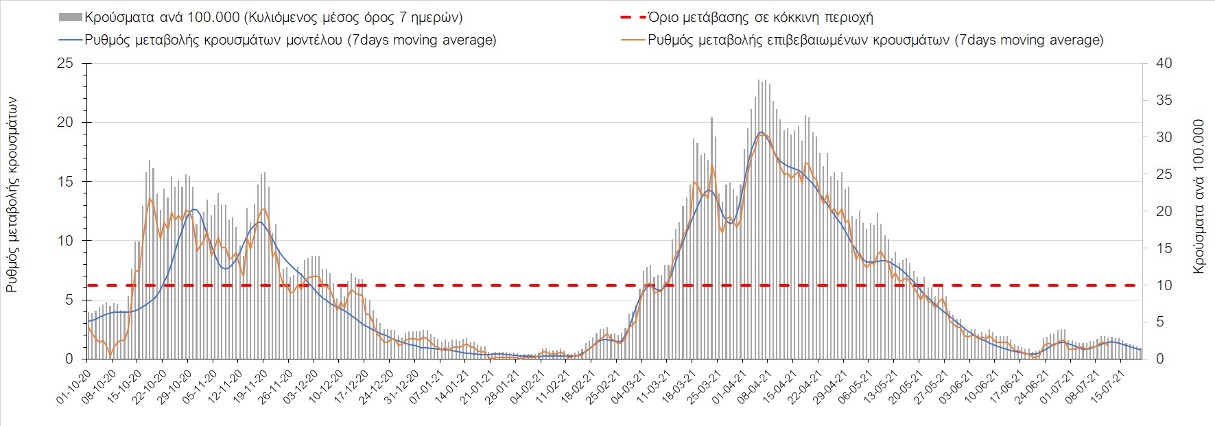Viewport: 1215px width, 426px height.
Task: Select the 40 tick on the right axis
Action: coord(1164,63)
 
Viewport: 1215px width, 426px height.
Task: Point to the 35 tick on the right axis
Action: coord(1164,100)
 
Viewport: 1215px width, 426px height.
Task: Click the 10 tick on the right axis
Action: coord(1164,285)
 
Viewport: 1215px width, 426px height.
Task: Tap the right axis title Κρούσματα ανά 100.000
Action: coord(1198,197)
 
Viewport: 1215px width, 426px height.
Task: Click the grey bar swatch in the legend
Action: coord(71,17)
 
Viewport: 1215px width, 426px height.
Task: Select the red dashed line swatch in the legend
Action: coord(633,17)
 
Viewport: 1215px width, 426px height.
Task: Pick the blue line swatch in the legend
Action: coord(71,40)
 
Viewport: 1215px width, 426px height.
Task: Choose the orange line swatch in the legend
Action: coord(633,40)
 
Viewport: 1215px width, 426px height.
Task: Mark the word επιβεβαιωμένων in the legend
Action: coord(796,40)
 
